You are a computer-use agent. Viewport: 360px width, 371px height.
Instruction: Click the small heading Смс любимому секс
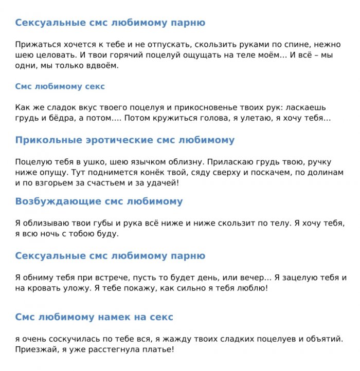click(x=60, y=86)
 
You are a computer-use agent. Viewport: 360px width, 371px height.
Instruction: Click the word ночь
click(x=53, y=234)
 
